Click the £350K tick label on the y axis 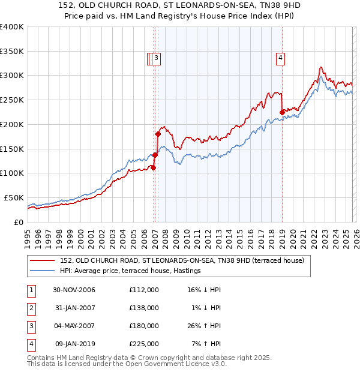[x=12, y=52]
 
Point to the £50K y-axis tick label [x=14, y=197]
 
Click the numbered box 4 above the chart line [x=280, y=58]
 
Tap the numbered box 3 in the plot [x=156, y=58]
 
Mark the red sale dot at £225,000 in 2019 [x=282, y=112]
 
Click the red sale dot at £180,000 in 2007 [x=158, y=134]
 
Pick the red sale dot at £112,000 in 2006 [x=154, y=167]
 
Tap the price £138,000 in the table [x=143, y=308]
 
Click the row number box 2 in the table [x=31, y=308]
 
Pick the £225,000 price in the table [x=143, y=344]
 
